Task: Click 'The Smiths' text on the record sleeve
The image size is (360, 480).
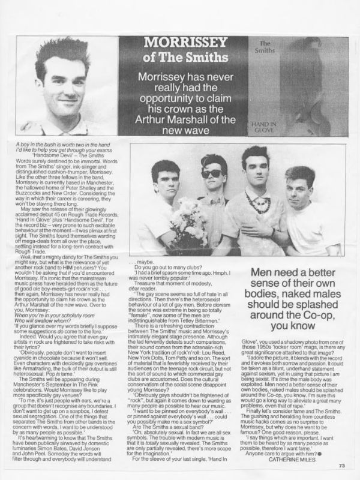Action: [x=270, y=47]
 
